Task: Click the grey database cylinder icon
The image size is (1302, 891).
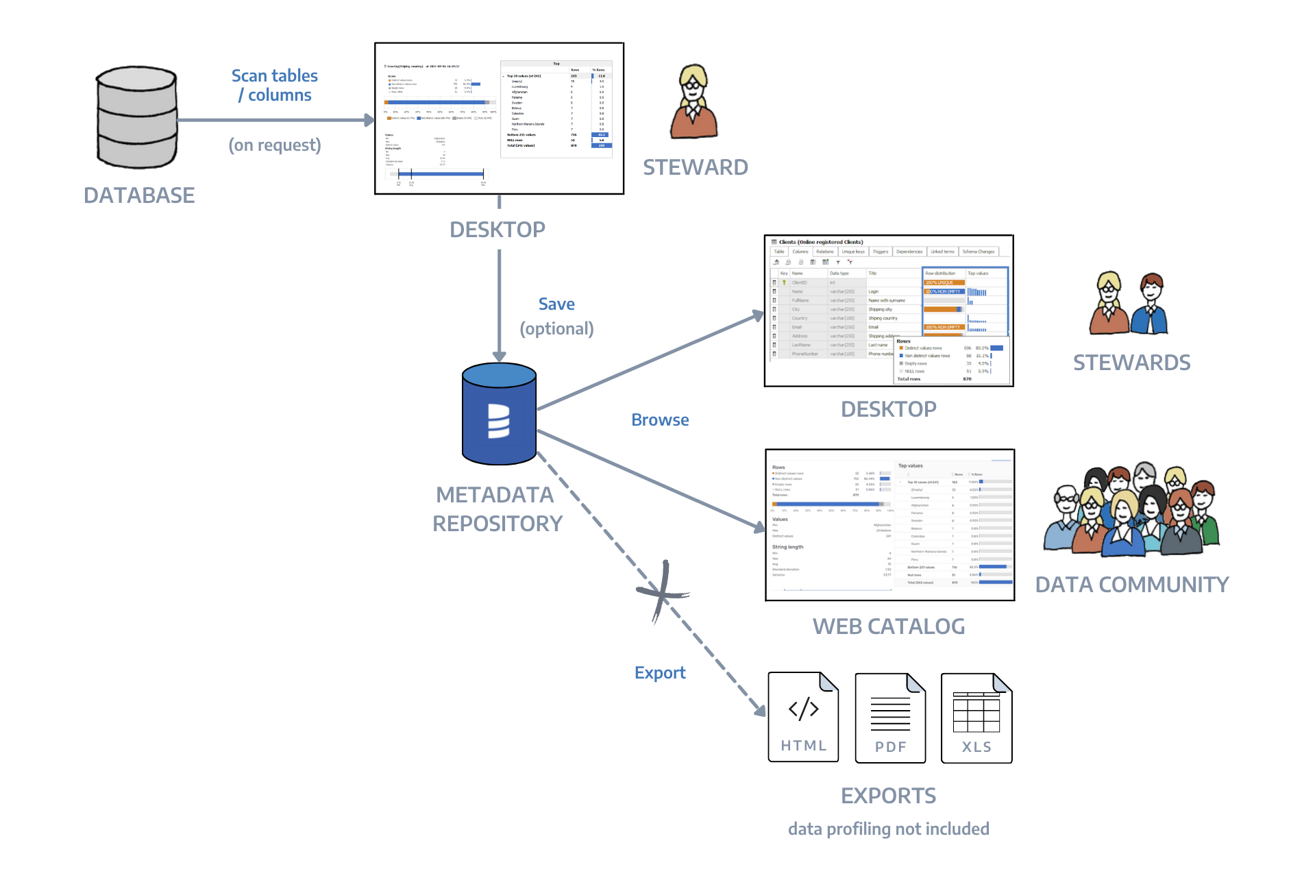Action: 137,118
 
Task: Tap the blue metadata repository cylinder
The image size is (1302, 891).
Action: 499,414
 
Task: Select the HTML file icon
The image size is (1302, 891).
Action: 804,718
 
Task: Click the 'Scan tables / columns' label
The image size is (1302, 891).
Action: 275,86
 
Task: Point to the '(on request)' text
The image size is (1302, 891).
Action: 275,145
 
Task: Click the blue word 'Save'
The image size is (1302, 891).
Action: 556,304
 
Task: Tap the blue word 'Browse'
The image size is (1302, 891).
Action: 660,420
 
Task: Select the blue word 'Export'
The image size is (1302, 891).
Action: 660,673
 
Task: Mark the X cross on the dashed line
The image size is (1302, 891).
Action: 662,592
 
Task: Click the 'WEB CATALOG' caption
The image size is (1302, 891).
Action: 889,626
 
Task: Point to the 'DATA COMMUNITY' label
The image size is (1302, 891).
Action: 1132,585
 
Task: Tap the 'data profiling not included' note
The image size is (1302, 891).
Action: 889,829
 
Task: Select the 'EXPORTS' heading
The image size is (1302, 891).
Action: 889,796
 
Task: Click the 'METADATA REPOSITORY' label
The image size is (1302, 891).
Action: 497,509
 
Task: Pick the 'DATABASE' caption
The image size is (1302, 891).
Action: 139,196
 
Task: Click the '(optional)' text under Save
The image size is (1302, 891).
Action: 556,329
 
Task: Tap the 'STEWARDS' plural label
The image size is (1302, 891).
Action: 1132,363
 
